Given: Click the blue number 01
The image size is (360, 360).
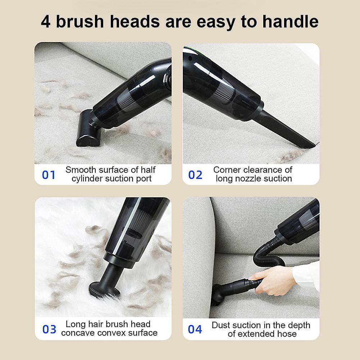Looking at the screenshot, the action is pyautogui.click(x=49, y=175).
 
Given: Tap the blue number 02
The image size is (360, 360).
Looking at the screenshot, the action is pyautogui.click(x=195, y=175).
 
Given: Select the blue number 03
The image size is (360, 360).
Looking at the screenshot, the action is pyautogui.click(x=49, y=329).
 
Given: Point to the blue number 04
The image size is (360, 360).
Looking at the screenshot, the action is pyautogui.click(x=195, y=329).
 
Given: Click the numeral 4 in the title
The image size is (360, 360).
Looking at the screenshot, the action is pyautogui.click(x=46, y=22).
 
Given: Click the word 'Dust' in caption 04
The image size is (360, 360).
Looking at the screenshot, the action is pyautogui.click(x=220, y=325).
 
